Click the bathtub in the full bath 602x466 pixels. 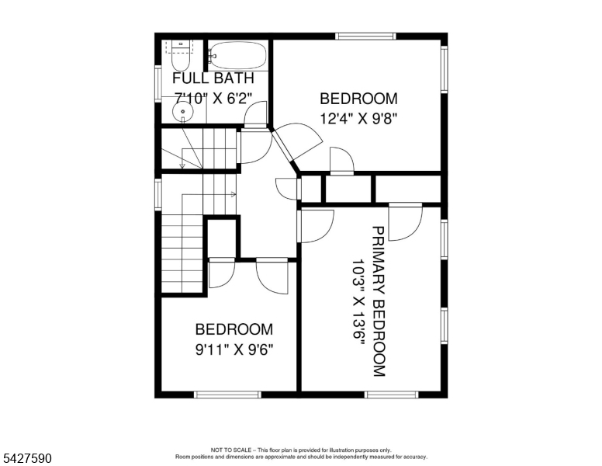pyautogui.click(x=237, y=55)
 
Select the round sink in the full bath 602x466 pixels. pyautogui.click(x=183, y=112)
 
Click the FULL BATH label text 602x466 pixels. pyautogui.click(x=213, y=78)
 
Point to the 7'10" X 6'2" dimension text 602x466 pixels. pyautogui.click(x=213, y=98)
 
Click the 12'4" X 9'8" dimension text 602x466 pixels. pyautogui.click(x=358, y=118)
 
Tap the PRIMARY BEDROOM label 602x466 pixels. pyautogui.click(x=379, y=301)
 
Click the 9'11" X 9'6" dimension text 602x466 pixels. pyautogui.click(x=234, y=349)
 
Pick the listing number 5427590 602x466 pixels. pyautogui.click(x=27, y=458)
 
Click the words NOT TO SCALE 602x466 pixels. pyautogui.click(x=230, y=450)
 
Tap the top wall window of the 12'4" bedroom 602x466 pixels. pyautogui.click(x=365, y=37)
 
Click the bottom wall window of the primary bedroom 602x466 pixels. pyautogui.click(x=391, y=395)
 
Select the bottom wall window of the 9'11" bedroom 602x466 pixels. pyautogui.click(x=227, y=395)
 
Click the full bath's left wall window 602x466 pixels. pyautogui.click(x=157, y=84)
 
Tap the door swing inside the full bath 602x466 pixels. pyautogui.click(x=255, y=114)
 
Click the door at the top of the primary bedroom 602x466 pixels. pyautogui.click(x=406, y=222)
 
